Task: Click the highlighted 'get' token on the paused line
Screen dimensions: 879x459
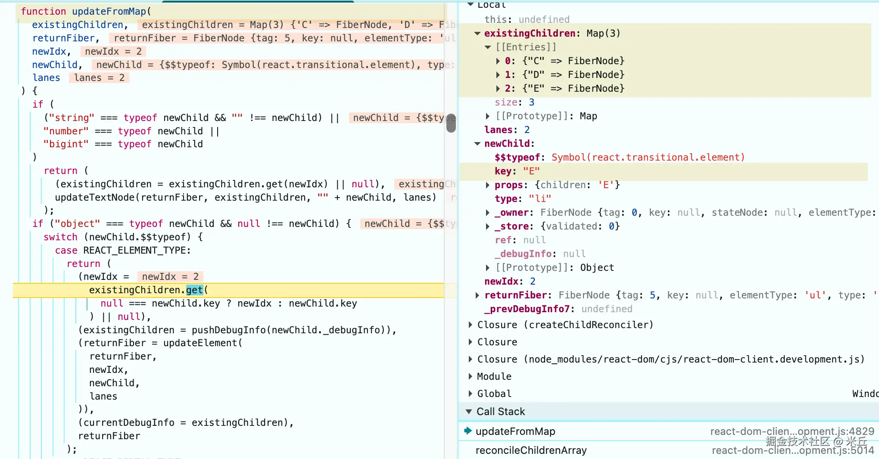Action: click(194, 290)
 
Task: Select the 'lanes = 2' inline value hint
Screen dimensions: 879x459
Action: click(99, 78)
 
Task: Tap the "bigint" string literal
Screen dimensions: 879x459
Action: click(66, 144)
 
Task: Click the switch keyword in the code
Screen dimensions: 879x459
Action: click(60, 237)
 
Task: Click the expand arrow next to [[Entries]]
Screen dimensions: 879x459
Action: click(488, 47)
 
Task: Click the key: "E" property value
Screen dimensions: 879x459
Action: click(531, 171)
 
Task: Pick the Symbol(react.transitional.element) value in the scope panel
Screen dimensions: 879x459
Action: click(648, 157)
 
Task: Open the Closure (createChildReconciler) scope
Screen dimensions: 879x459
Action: click(565, 325)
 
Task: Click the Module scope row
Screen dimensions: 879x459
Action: click(494, 376)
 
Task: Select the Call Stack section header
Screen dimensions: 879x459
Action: click(501, 412)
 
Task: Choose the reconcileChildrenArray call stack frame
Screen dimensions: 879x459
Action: click(531, 450)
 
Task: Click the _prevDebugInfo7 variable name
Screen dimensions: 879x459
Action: click(527, 309)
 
